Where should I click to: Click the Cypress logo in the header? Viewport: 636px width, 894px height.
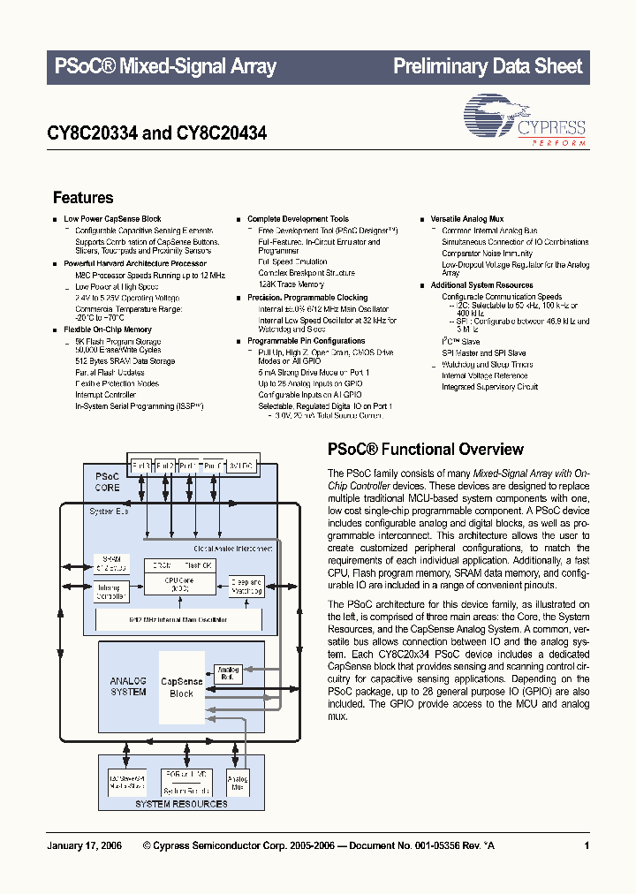(525, 121)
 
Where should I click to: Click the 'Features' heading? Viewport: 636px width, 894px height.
(83, 198)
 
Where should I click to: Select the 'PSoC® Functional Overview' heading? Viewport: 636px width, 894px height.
(425, 449)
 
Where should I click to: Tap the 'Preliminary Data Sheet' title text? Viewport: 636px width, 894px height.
(487, 66)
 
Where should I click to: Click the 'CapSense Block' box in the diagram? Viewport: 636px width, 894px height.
(181, 687)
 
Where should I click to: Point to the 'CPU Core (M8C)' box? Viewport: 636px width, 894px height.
(179, 584)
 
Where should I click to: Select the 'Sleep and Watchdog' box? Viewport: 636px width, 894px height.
(246, 587)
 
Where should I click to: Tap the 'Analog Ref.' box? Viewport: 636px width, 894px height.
(228, 674)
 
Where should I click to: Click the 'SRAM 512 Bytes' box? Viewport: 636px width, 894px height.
(110, 563)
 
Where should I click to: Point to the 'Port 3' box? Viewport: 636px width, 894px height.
(141, 464)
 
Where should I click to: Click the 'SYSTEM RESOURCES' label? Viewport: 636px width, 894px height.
(180, 804)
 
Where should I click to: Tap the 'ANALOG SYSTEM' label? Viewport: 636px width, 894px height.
(128, 686)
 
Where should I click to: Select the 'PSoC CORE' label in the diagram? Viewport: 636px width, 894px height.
(107, 481)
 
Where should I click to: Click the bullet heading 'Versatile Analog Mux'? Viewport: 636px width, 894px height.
(466, 218)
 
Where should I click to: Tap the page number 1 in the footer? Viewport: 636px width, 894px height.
(587, 846)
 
